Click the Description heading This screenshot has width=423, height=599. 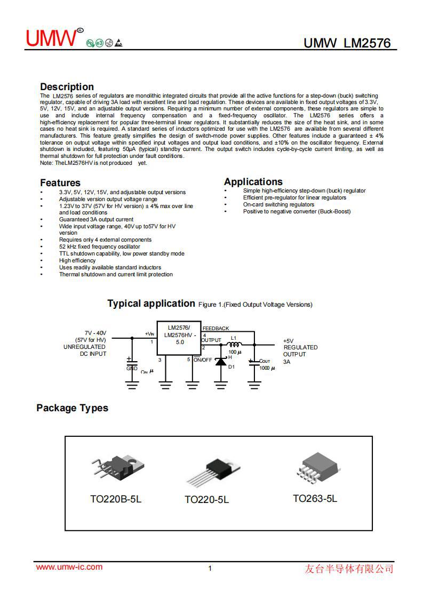pyautogui.click(x=67, y=86)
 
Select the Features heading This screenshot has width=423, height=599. pyautogui.click(x=60, y=182)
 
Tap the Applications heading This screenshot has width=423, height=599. pyautogui.click(x=253, y=181)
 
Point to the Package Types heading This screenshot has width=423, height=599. pyautogui.click(x=72, y=408)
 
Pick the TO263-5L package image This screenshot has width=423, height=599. pyautogui.click(x=316, y=467)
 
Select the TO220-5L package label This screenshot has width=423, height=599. pyautogui.click(x=206, y=500)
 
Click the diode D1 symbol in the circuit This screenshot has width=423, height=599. pyautogui.click(x=220, y=362)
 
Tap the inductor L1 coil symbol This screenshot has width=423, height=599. pyautogui.click(x=234, y=344)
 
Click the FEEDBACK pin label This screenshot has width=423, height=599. pyautogui.click(x=216, y=329)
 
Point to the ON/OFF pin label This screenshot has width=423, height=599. pyautogui.click(x=202, y=360)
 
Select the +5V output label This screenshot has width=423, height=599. pyautogui.click(x=288, y=340)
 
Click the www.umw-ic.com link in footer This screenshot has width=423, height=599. pyautogui.click(x=69, y=567)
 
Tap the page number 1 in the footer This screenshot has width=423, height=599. pyautogui.click(x=210, y=569)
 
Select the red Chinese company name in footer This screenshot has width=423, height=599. pyautogui.click(x=349, y=569)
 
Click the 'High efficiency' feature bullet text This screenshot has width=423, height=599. pyautogui.click(x=77, y=261)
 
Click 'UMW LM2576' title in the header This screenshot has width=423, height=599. pyautogui.click(x=347, y=43)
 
